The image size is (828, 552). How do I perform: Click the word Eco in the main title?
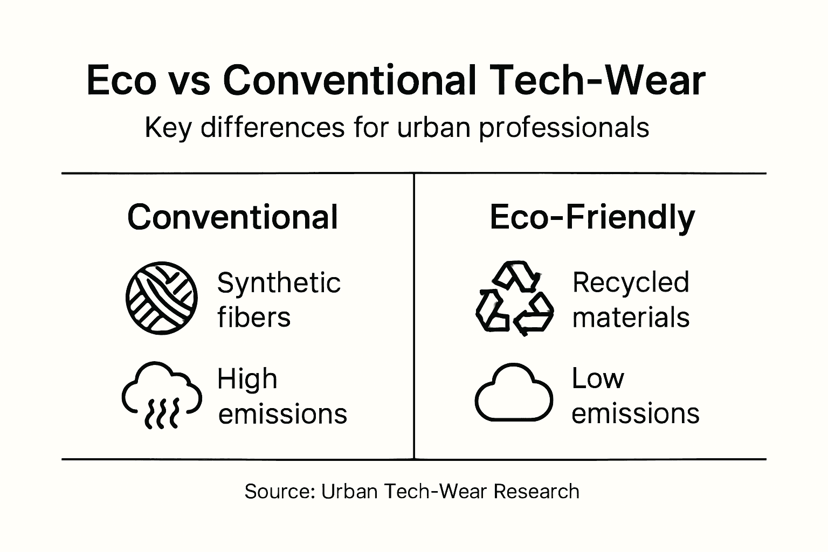tap(121, 81)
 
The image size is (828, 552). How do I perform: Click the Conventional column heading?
tap(232, 217)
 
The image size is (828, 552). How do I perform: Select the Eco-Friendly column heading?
tap(592, 217)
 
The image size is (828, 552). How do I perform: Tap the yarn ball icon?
tap(161, 298)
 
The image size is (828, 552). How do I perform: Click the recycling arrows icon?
tap(514, 298)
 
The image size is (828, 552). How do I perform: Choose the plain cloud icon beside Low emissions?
tap(514, 392)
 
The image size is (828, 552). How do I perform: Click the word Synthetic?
tap(279, 283)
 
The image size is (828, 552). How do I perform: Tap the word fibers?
tap(254, 317)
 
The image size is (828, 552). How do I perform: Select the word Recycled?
tap(631, 282)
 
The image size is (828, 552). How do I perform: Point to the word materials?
tap(631, 317)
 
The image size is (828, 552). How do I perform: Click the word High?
tap(247, 379)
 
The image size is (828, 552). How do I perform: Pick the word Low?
tap(597, 378)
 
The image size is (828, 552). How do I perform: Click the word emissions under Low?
tap(635, 413)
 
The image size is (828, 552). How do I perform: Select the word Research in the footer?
tap(536, 491)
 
